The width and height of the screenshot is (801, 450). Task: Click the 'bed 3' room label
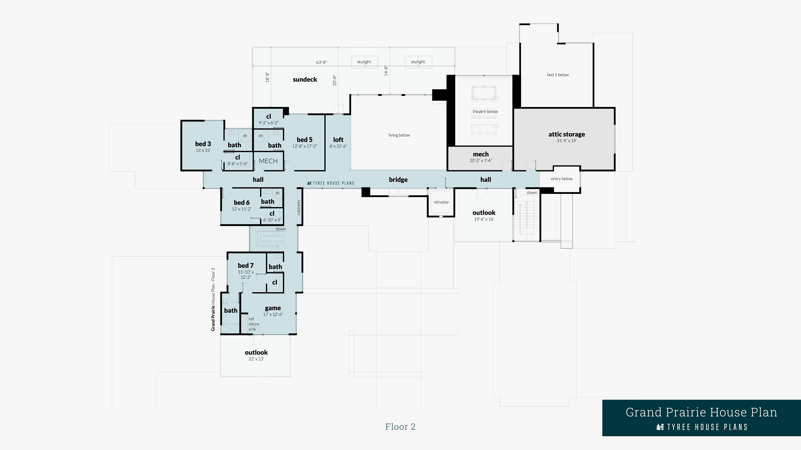[203, 144]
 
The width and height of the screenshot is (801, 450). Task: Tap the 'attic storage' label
[567, 134]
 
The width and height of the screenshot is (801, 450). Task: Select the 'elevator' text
[441, 202]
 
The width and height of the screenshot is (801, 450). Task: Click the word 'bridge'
[398, 180]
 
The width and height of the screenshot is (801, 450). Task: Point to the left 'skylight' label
[364, 62]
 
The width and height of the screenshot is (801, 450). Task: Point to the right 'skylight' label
[418, 62]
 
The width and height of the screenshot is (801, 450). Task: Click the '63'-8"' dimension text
[321, 62]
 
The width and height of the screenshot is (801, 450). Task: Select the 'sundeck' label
[305, 80]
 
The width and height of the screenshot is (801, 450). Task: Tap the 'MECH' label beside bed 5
[268, 161]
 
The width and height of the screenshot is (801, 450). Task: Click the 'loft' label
[338, 140]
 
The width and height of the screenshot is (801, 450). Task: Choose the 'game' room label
[273, 308]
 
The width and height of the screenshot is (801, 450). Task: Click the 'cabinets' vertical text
[299, 207]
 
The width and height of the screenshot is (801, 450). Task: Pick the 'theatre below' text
[485, 111]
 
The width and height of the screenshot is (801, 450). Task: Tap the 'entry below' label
[562, 179]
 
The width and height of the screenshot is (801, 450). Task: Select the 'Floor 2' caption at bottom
[400, 427]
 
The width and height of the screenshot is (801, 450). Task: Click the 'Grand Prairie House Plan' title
[701, 412]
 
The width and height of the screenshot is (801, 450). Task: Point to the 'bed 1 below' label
[558, 75]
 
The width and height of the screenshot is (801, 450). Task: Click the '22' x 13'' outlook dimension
[256, 359]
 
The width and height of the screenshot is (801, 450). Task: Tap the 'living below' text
[399, 135]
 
